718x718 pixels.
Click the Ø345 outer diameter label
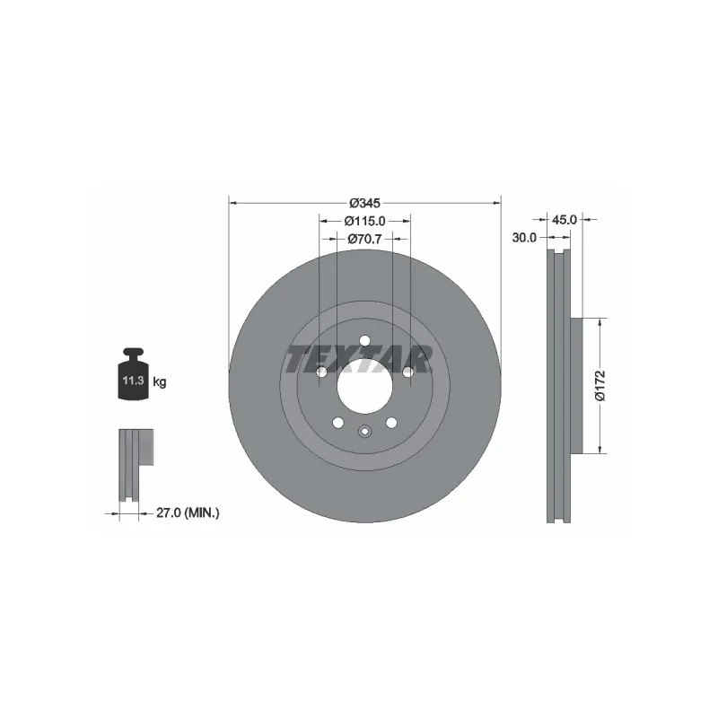pos(364,203)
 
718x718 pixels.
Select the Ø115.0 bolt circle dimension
pos(364,221)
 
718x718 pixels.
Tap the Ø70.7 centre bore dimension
pos(364,239)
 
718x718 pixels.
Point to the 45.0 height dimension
pos(564,220)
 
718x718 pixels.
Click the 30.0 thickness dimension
pos(524,238)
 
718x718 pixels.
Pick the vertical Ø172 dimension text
pos(600,386)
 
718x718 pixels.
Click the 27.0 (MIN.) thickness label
pos(188,512)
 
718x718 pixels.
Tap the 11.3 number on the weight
pos(133,380)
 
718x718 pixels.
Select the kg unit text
pos(160,382)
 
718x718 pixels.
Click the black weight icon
pos(133,373)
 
